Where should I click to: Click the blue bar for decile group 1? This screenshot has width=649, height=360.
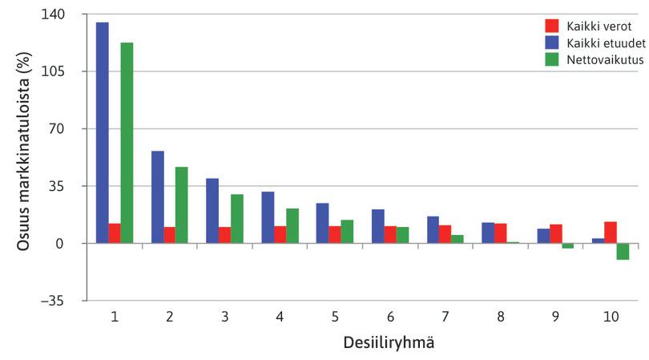tap(102, 132)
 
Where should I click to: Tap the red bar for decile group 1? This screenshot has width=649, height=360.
tap(115, 233)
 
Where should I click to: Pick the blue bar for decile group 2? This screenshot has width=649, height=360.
tap(158, 197)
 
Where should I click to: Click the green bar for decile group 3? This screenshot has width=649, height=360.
tap(237, 219)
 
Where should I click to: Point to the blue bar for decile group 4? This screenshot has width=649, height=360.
tap(268, 217)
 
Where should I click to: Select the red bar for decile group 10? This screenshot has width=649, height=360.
tap(611, 233)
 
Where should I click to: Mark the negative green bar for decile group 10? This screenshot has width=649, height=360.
tap(623, 251)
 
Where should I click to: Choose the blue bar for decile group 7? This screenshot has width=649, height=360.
tap(433, 230)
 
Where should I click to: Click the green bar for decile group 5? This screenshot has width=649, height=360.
tap(347, 232)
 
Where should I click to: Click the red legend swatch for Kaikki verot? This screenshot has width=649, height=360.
tap(552, 26)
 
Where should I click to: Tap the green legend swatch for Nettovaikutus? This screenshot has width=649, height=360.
tap(552, 59)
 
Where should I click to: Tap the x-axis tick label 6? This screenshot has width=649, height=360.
tap(390, 318)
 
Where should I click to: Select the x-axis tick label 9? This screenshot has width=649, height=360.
tap(555, 318)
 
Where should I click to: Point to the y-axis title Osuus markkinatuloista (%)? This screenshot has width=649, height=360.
tap(25, 152)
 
